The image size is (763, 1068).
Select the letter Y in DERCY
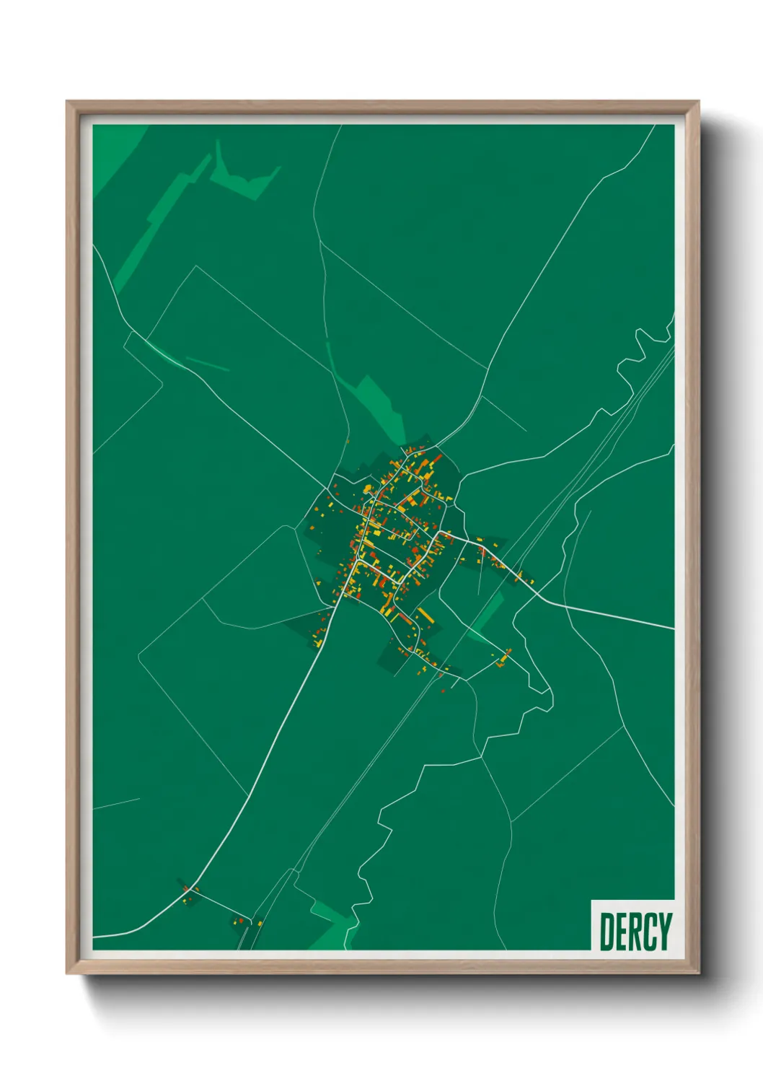point(664,932)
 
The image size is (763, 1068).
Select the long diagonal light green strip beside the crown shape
point(155,224)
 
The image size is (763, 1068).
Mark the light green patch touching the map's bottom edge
point(332,927)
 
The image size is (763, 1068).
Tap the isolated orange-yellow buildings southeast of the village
point(503,658)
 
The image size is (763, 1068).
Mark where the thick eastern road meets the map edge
point(673,629)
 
